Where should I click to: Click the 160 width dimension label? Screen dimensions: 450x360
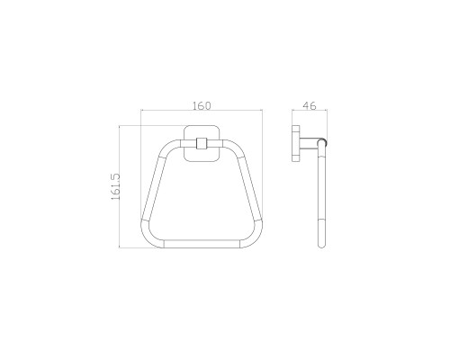(202, 105)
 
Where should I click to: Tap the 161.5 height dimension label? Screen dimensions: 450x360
(115, 186)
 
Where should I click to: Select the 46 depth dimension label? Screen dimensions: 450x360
(310, 105)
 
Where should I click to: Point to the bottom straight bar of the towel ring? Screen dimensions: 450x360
(202, 244)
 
